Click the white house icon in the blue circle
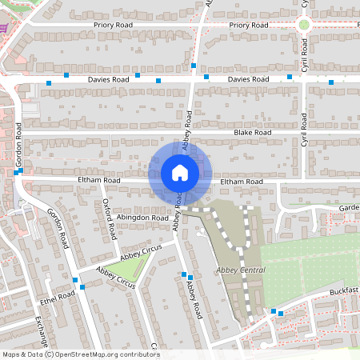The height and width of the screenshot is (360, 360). (x=179, y=173)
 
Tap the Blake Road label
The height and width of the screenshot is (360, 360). (x=253, y=132)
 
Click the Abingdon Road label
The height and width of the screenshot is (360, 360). (x=142, y=217)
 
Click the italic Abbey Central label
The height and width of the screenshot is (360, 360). (x=241, y=270)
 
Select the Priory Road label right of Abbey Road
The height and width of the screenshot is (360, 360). (x=248, y=26)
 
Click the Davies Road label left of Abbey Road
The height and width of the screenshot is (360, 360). (x=109, y=81)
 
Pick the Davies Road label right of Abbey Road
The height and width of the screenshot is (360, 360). (x=247, y=81)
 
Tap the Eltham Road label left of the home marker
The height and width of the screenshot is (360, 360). (x=98, y=182)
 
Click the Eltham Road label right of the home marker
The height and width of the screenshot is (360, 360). (x=242, y=182)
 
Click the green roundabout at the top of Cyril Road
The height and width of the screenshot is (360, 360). (x=304, y=25)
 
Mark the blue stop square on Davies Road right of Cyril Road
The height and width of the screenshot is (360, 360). (x=331, y=82)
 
